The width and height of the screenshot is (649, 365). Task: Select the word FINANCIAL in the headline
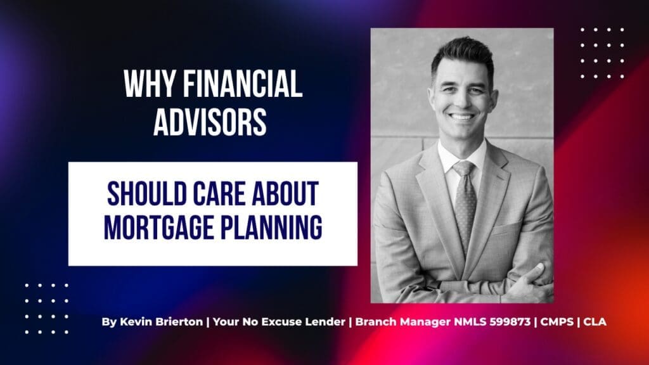pos(243,84)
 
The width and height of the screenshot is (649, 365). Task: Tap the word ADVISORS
pos(210,122)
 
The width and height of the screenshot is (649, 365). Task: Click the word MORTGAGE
pos(158,227)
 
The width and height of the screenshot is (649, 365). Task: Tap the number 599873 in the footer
pos(510,321)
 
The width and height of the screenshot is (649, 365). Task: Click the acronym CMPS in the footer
pos(557,321)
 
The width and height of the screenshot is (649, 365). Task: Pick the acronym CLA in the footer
pos(594,321)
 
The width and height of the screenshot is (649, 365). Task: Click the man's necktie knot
pos(464,169)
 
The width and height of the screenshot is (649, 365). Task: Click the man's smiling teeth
pos(461,117)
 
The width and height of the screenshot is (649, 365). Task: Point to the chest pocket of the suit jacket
pos(506,229)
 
